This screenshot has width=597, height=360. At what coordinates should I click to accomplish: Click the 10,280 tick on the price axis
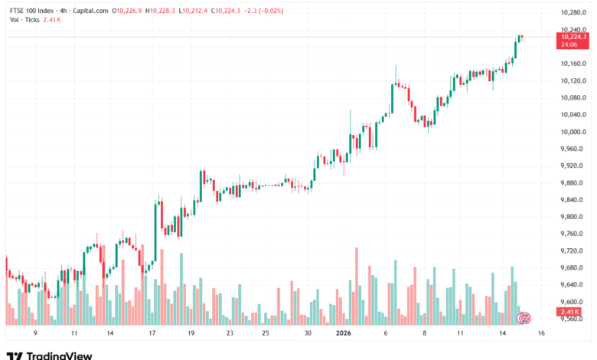click(573, 12)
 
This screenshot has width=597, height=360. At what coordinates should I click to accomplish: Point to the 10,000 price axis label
click(573, 132)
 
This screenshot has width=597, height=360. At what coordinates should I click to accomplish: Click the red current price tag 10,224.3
click(573, 37)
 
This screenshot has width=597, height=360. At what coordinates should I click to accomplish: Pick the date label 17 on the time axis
click(153, 334)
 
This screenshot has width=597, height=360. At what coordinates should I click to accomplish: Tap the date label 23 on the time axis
click(230, 334)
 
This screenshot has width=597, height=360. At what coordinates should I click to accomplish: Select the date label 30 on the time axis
click(307, 334)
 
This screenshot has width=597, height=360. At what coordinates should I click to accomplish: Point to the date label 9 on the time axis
click(35, 334)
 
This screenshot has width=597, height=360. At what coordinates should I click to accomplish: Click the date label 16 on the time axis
click(540, 334)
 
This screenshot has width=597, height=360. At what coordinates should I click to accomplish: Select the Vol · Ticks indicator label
click(25, 19)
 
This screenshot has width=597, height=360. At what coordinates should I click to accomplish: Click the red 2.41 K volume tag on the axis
click(571, 313)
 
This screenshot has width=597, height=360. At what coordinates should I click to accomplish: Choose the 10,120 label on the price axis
click(573, 80)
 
